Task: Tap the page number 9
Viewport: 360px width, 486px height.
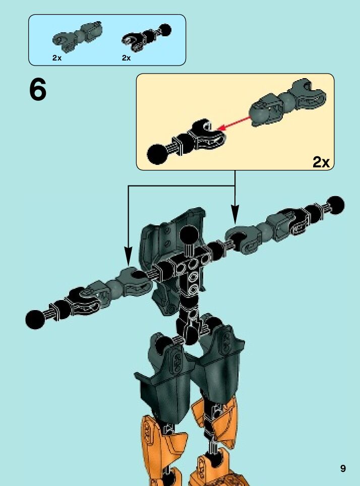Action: pyautogui.click(x=343, y=468)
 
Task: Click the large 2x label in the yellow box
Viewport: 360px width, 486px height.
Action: pyautogui.click(x=321, y=162)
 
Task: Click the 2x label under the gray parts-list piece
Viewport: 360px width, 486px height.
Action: pyautogui.click(x=56, y=58)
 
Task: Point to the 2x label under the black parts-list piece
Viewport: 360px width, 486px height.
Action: pyautogui.click(x=126, y=58)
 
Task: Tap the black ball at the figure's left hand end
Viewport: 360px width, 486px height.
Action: pyautogui.click(x=35, y=319)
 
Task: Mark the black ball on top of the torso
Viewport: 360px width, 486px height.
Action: pyautogui.click(x=189, y=234)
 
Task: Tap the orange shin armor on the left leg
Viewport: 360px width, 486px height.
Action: pyautogui.click(x=161, y=439)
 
